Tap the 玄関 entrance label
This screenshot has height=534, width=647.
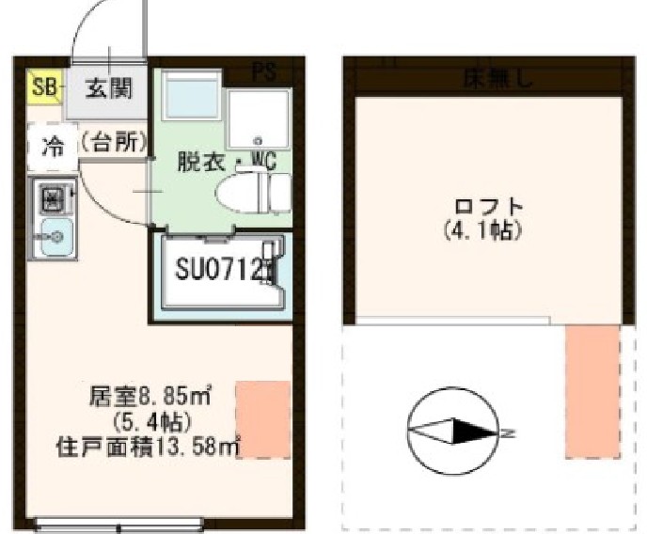point(109,89)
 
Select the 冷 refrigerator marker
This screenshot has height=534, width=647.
point(55,146)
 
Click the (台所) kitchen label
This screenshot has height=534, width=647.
point(114,143)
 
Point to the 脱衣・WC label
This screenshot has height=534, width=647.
point(228,161)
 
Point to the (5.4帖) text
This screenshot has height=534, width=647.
point(151,420)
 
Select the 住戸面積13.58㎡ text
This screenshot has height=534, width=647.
point(150,444)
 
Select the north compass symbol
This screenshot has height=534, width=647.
point(451,432)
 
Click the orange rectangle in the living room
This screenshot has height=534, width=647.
point(262,418)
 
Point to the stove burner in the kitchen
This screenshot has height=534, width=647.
point(52,199)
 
